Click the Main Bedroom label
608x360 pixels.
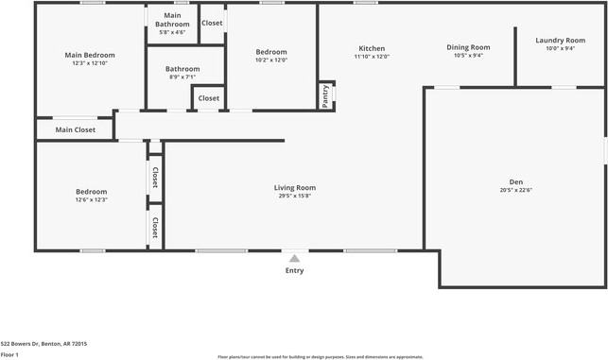(x=90, y=56)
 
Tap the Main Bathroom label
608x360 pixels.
(x=172, y=20)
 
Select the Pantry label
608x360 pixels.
(x=325, y=96)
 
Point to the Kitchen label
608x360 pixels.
(x=372, y=48)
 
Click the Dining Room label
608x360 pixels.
(x=468, y=47)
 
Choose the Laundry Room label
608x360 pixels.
(x=560, y=41)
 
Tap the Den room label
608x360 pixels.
(x=515, y=182)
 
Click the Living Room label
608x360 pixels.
(x=295, y=188)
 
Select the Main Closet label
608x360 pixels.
(x=76, y=130)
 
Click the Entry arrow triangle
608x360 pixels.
(x=295, y=258)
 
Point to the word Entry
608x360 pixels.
(x=295, y=270)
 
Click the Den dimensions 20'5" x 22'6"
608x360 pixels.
(x=515, y=190)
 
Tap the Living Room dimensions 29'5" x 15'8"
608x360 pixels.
(x=295, y=196)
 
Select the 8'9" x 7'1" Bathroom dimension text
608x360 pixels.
(x=182, y=77)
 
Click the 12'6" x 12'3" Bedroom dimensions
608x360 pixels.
(x=92, y=199)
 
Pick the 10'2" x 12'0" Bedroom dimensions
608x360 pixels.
(x=271, y=60)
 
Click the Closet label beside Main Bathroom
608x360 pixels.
(x=212, y=23)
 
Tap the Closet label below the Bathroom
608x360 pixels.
(x=209, y=98)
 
